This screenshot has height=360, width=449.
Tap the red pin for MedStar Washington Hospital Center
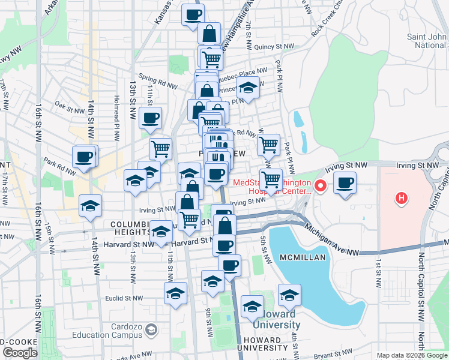click(x=321, y=186)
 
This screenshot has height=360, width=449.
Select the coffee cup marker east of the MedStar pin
click(x=345, y=184)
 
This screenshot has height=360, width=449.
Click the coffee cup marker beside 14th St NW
click(x=85, y=157)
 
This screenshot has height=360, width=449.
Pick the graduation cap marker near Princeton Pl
click(x=247, y=88)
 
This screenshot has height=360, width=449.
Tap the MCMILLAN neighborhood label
click(x=302, y=257)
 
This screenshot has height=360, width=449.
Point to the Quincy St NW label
click(x=274, y=46)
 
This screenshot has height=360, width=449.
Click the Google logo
click(x=19, y=353)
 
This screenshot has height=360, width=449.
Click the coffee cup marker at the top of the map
click(x=193, y=14)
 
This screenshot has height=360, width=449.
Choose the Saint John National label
click(x=427, y=41)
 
